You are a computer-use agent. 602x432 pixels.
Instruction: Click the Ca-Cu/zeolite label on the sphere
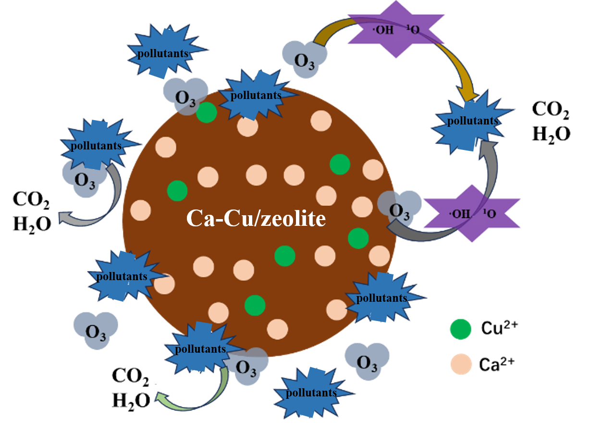(256, 219)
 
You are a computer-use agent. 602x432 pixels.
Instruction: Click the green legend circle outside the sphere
(460, 329)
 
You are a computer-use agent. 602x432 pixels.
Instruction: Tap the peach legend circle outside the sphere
(462, 364)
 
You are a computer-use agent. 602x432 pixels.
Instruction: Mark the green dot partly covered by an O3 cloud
(207, 112)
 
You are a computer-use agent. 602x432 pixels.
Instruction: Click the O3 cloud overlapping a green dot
(184, 96)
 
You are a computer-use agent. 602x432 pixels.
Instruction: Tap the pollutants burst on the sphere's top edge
(255, 95)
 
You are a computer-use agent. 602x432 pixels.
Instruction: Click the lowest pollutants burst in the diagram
(311, 393)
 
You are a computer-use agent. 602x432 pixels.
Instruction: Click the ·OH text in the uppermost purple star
(383, 30)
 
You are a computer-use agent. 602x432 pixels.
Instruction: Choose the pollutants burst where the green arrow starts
(200, 349)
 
